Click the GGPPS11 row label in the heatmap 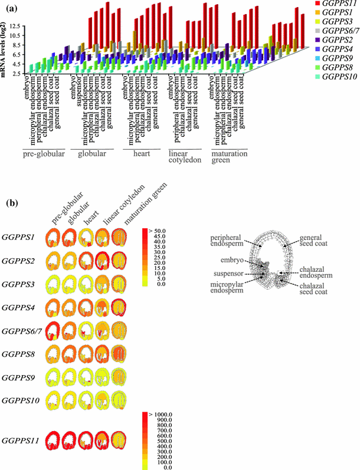pos(21,440)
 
